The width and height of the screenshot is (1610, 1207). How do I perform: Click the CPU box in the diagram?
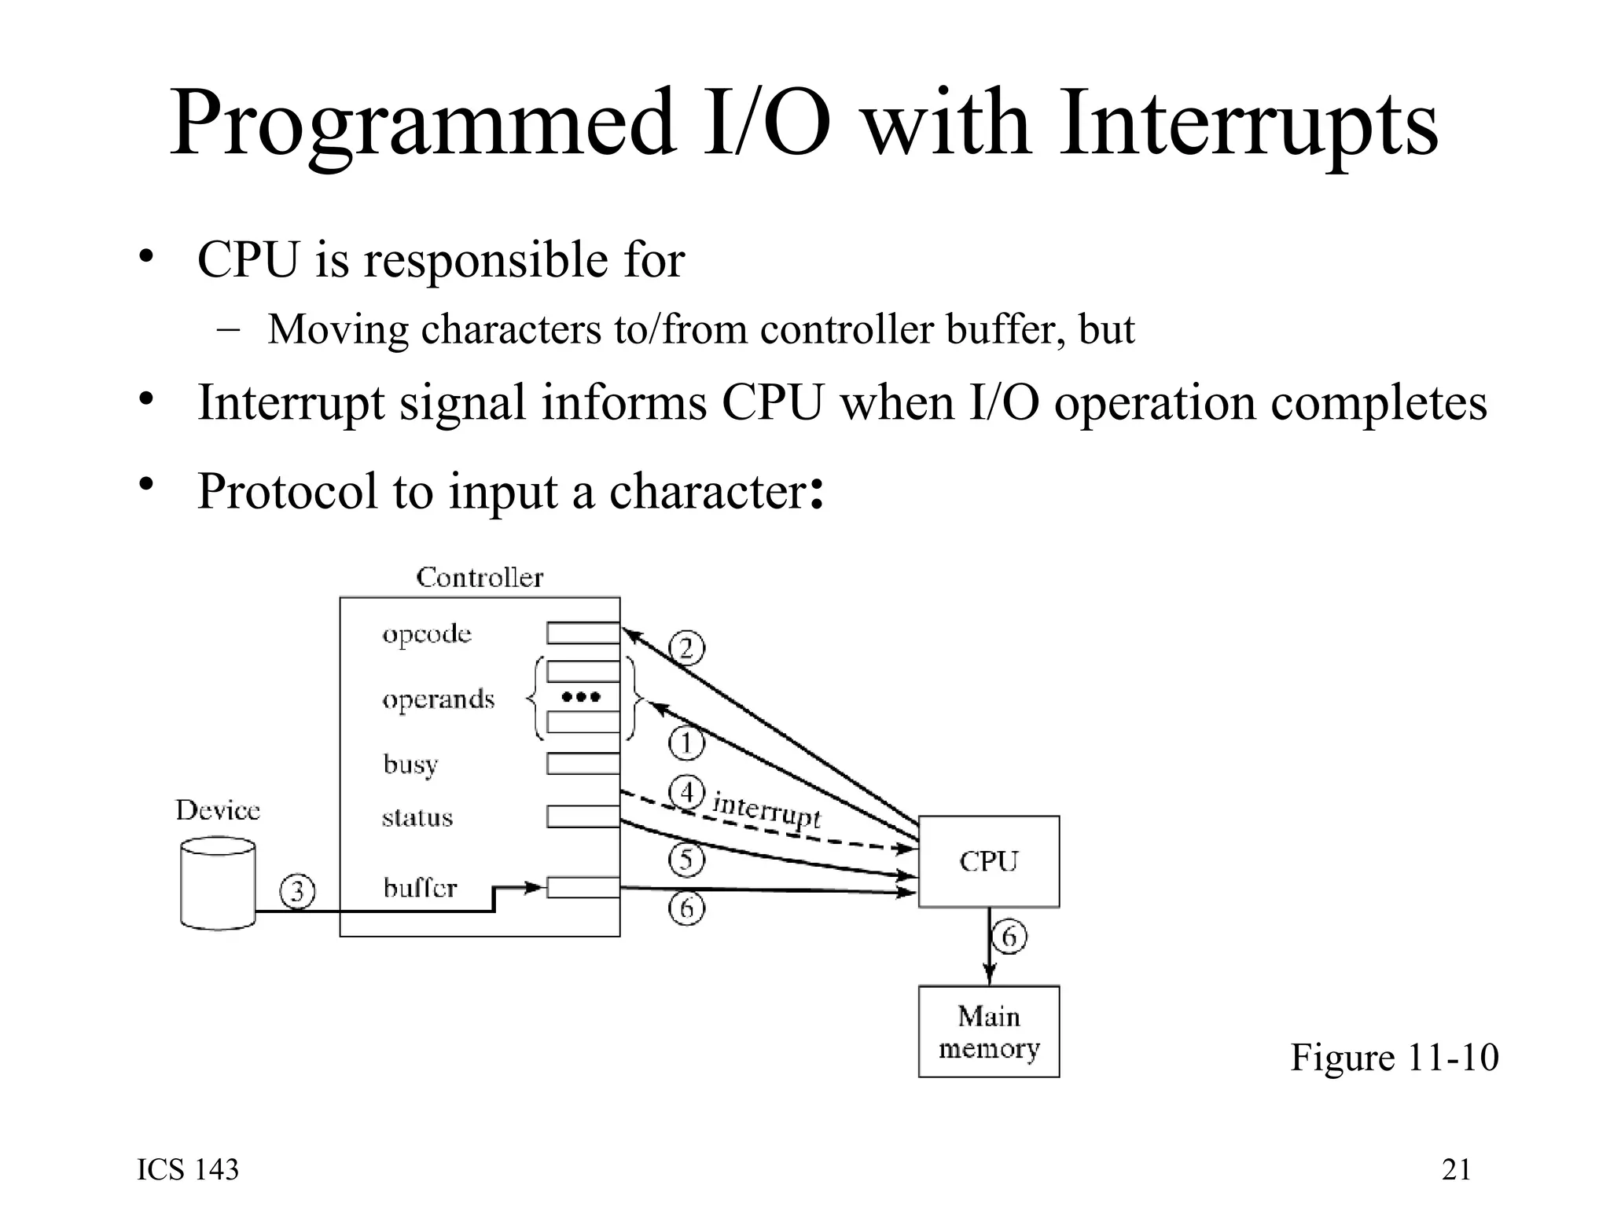click(x=988, y=861)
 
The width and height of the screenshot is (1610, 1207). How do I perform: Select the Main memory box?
click(x=988, y=1031)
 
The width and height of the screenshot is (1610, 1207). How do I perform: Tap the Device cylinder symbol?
click(x=218, y=884)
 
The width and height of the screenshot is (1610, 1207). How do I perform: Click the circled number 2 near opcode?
click(x=686, y=649)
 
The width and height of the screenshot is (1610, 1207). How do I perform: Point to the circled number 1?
click(x=686, y=743)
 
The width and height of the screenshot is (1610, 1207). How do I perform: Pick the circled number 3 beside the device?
click(x=298, y=892)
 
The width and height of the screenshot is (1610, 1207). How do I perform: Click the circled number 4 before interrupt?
click(x=686, y=792)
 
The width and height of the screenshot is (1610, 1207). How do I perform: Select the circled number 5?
click(x=686, y=859)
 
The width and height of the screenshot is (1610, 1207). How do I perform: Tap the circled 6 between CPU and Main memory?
click(x=1009, y=937)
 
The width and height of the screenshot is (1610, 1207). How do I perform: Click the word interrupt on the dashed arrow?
click(x=766, y=810)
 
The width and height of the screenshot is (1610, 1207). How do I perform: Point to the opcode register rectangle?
click(x=583, y=633)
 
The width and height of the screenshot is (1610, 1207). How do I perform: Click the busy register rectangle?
click(x=583, y=763)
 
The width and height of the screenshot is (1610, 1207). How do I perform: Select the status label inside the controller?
click(x=417, y=818)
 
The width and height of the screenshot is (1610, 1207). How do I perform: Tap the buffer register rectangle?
click(x=583, y=888)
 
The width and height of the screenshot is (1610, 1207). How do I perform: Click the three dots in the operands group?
click(x=582, y=697)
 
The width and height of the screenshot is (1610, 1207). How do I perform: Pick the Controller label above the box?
click(x=480, y=578)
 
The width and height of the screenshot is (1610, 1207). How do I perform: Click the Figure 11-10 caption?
click(x=1394, y=1057)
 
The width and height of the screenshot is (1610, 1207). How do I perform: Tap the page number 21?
click(x=1456, y=1169)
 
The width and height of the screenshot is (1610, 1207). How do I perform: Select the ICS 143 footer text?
click(x=188, y=1169)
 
